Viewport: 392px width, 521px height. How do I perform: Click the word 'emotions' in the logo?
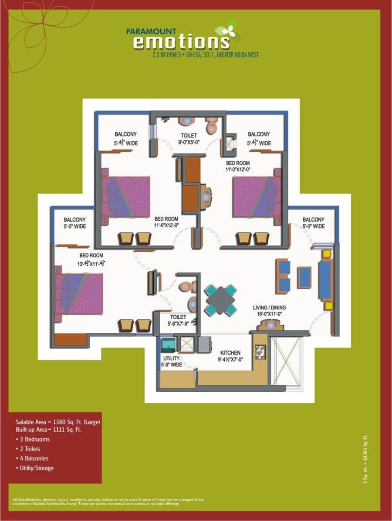tap(181, 42)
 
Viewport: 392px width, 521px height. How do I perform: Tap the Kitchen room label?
tap(230, 353)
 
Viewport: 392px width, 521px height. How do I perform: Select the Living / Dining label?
tap(270, 307)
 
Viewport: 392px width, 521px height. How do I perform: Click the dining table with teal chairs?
tap(221, 300)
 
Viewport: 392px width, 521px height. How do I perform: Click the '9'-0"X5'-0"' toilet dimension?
tap(189, 142)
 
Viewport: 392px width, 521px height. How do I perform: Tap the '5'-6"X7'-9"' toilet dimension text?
tap(178, 324)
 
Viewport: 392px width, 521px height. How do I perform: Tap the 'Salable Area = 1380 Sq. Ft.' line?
tap(58, 422)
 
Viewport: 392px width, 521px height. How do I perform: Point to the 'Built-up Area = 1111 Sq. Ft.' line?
tap(48, 430)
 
